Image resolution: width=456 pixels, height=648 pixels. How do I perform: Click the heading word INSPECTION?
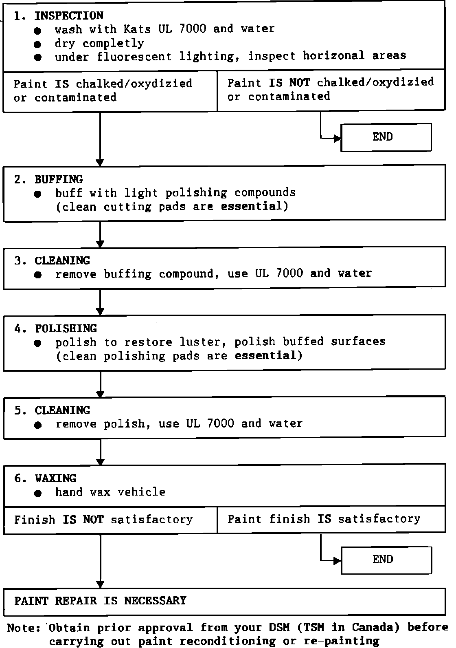(x=68, y=15)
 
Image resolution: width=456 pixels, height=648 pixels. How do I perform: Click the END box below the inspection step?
(x=385, y=137)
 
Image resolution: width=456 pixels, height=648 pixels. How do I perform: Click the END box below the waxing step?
(x=385, y=560)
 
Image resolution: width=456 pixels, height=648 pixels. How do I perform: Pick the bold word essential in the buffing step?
(x=251, y=206)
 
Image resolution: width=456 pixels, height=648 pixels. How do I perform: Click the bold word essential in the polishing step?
(x=265, y=356)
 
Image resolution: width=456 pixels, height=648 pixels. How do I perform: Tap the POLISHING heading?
(x=66, y=328)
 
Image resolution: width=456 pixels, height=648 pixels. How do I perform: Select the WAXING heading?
(x=55, y=478)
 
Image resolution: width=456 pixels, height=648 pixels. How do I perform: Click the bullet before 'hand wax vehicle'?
(x=38, y=493)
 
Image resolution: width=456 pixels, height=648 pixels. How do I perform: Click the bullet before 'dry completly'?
(x=38, y=44)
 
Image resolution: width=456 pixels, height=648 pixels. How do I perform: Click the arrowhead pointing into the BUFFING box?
(x=100, y=162)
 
